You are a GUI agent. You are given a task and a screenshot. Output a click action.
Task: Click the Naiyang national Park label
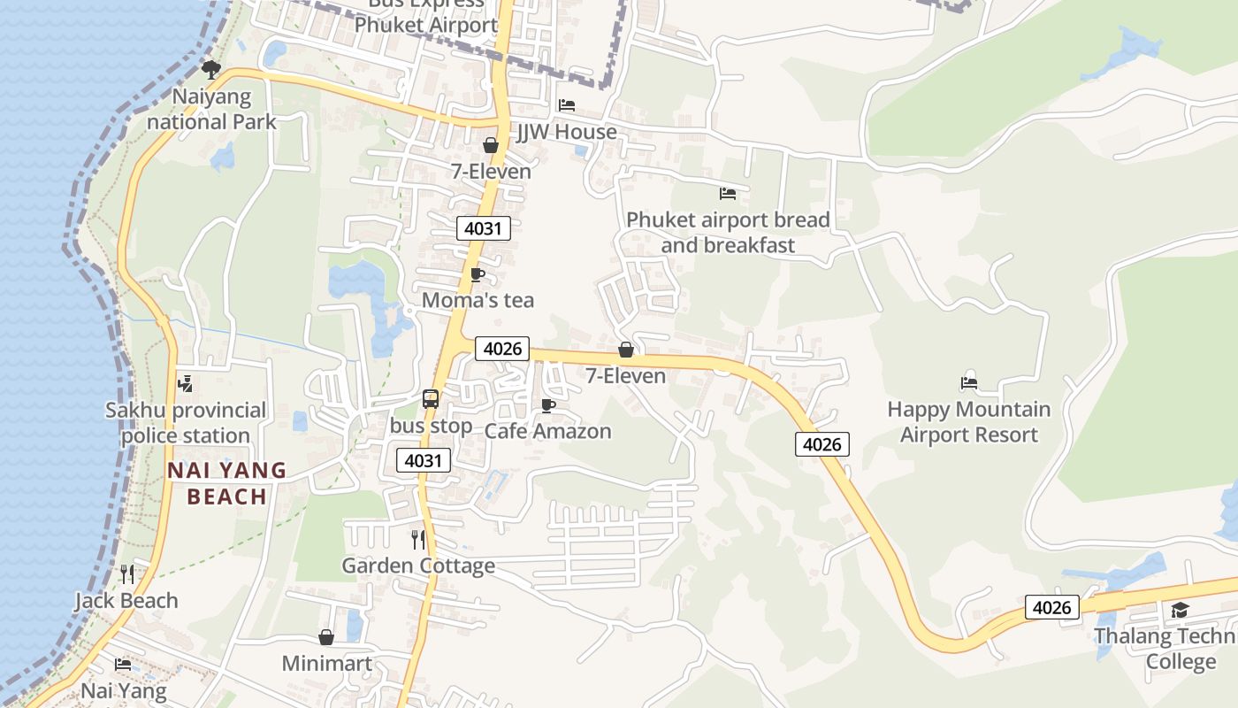click(211, 109)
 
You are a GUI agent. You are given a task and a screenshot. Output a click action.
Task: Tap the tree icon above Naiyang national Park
click(210, 69)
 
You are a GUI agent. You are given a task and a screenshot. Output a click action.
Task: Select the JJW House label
click(567, 132)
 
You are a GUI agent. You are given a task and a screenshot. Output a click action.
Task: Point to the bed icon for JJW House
click(567, 105)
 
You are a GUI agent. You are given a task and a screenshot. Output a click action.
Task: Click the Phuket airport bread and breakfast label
click(728, 232)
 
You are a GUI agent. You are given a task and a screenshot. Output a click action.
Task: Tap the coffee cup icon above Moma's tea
click(478, 275)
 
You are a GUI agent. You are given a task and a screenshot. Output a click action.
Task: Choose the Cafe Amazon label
click(547, 431)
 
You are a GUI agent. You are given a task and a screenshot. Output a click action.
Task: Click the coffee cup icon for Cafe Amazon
click(548, 406)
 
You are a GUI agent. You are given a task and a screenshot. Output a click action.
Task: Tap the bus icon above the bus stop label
click(431, 399)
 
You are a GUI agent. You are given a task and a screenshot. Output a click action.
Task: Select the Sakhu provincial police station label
click(186, 422)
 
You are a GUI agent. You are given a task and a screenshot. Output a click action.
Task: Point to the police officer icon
click(186, 384)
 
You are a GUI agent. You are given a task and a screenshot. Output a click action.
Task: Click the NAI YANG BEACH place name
click(227, 483)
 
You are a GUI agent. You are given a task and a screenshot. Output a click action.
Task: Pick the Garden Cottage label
click(418, 566)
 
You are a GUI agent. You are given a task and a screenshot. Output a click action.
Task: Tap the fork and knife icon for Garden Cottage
click(418, 539)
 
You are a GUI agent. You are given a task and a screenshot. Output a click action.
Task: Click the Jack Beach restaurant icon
click(127, 574)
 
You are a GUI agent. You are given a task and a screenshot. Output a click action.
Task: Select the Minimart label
click(327, 663)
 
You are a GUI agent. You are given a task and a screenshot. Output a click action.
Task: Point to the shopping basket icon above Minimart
click(326, 637)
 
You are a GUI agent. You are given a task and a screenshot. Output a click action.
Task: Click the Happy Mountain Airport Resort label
click(969, 422)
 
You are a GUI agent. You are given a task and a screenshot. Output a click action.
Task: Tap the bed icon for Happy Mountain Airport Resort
click(969, 383)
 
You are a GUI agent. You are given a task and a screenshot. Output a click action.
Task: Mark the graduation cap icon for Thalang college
click(1180, 610)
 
